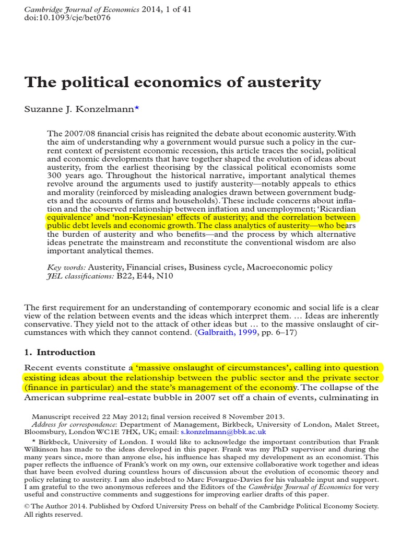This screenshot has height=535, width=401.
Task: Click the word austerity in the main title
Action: coord(281,83)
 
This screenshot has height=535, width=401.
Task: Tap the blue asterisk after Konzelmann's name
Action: coord(137,108)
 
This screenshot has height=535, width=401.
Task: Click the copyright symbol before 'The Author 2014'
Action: coord(28,507)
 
